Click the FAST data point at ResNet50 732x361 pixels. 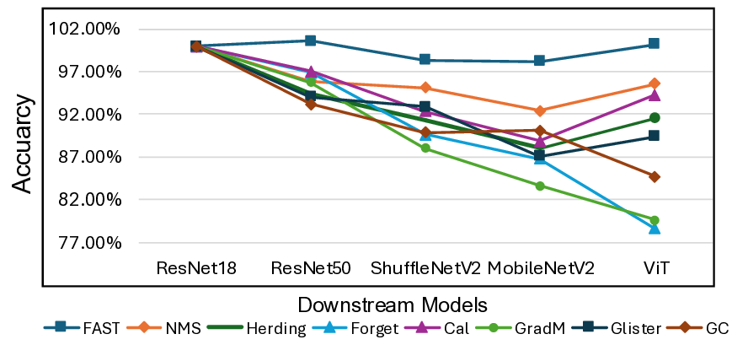click(x=311, y=40)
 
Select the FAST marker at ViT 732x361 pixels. click(x=654, y=44)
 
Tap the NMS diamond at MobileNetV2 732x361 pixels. click(x=539, y=110)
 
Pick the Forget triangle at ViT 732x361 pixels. click(x=654, y=228)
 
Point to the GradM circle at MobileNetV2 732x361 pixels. click(x=539, y=186)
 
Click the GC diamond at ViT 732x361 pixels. click(x=654, y=176)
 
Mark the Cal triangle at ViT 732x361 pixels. click(x=654, y=94)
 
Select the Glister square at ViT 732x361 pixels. click(x=654, y=136)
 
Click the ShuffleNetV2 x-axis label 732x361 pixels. click(x=425, y=268)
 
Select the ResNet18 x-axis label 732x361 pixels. click(x=196, y=268)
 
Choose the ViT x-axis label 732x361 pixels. click(x=654, y=268)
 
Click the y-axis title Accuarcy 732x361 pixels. click(x=23, y=144)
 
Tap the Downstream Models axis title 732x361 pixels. click(x=393, y=303)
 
